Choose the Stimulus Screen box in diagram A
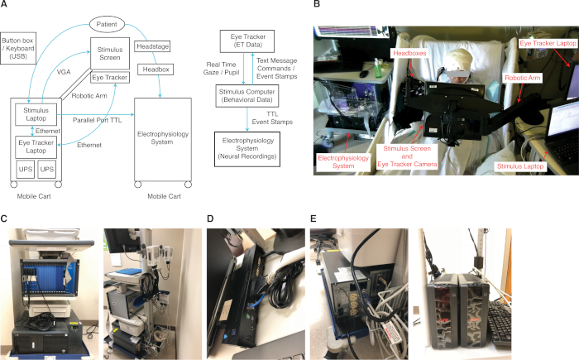(108, 51)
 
